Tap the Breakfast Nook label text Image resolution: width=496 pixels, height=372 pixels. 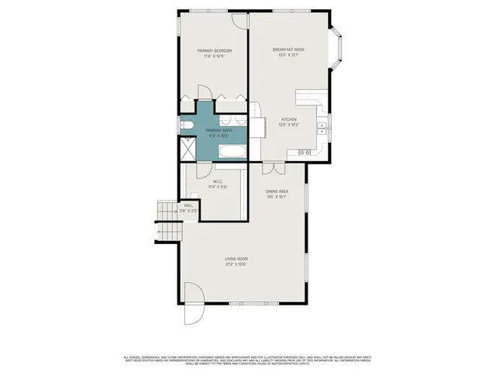click(x=288, y=50)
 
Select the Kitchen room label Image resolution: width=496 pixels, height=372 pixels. click(x=288, y=119)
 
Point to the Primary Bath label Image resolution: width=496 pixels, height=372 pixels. click(x=219, y=130)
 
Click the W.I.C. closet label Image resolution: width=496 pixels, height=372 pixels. click(x=217, y=182)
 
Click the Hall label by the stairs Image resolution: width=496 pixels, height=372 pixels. click(x=188, y=205)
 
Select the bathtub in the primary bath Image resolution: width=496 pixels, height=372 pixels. click(x=232, y=152)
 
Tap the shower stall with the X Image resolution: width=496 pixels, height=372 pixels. click(x=187, y=148)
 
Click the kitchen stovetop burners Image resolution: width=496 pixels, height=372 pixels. click(x=304, y=153)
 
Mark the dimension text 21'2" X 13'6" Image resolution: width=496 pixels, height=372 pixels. click(x=236, y=264)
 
